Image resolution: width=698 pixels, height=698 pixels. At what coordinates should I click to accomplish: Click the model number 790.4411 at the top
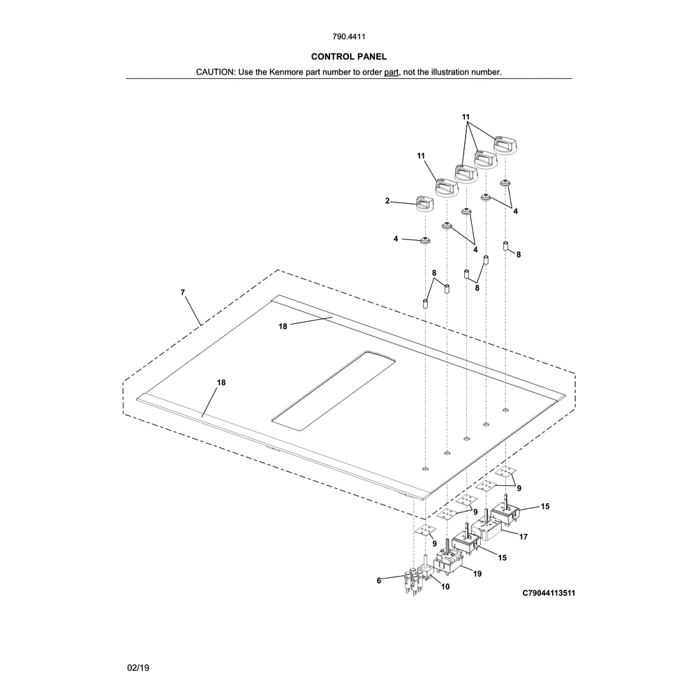[x=348, y=36]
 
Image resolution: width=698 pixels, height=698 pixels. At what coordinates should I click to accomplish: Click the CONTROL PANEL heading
[x=348, y=57]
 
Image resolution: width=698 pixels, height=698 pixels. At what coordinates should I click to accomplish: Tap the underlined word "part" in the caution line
[x=392, y=72]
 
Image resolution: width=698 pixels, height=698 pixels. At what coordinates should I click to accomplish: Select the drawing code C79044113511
[x=549, y=593]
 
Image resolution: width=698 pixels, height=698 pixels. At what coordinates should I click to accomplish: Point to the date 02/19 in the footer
[x=138, y=668]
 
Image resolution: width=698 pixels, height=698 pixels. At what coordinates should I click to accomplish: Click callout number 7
[x=182, y=292]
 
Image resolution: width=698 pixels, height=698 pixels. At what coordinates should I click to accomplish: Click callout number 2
[x=387, y=201]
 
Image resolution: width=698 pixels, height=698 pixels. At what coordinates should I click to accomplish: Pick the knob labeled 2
[x=424, y=204]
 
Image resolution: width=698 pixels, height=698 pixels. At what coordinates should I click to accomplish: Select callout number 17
[x=523, y=537]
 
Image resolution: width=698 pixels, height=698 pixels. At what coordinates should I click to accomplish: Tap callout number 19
[x=477, y=574]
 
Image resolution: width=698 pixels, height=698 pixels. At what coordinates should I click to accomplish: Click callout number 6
[x=379, y=581]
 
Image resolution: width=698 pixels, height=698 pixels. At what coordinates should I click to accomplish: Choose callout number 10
[x=445, y=587]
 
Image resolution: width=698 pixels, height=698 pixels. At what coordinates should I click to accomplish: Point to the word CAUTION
[x=215, y=72]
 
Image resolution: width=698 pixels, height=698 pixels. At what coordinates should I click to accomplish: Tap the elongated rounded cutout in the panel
[x=334, y=390]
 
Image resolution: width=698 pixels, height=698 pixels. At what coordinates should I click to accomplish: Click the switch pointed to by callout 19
[x=449, y=561]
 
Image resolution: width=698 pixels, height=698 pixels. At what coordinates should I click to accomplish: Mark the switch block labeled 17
[x=487, y=528]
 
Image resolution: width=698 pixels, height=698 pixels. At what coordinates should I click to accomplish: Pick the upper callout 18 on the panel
[x=283, y=326]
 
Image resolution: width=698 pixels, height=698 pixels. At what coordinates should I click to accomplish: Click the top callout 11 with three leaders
[x=466, y=117]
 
